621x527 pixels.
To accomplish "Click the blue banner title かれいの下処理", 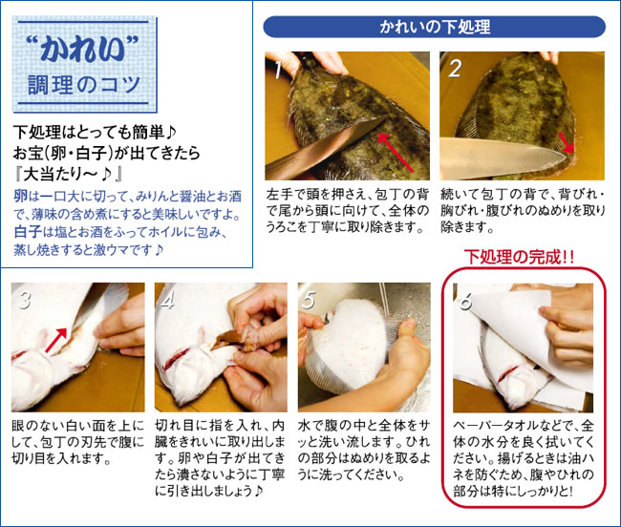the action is coord(435,27).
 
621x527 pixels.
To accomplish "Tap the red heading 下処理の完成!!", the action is coord(519,257).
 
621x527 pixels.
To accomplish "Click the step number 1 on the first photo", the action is coord(279,70).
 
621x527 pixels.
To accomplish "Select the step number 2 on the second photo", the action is coord(454,68).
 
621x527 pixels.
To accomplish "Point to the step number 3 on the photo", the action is coord(24,300).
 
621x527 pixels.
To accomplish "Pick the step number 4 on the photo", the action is coord(167,300).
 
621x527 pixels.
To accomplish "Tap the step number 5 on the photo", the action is coord(309,300).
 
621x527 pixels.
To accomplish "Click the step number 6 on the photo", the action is coord(465,302).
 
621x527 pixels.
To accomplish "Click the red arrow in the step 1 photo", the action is coord(396,153).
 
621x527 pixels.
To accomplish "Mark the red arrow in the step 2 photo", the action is coord(566,142).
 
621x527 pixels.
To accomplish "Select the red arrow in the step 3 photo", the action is coord(55,340).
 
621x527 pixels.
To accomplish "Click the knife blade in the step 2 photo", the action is coord(503,158).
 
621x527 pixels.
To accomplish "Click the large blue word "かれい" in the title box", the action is coord(84,49).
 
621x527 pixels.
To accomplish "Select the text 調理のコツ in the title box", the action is coord(84,85).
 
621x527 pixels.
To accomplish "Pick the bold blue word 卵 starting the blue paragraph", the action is coord(21,196).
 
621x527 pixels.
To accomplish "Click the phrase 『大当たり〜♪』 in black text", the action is coord(67,174).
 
